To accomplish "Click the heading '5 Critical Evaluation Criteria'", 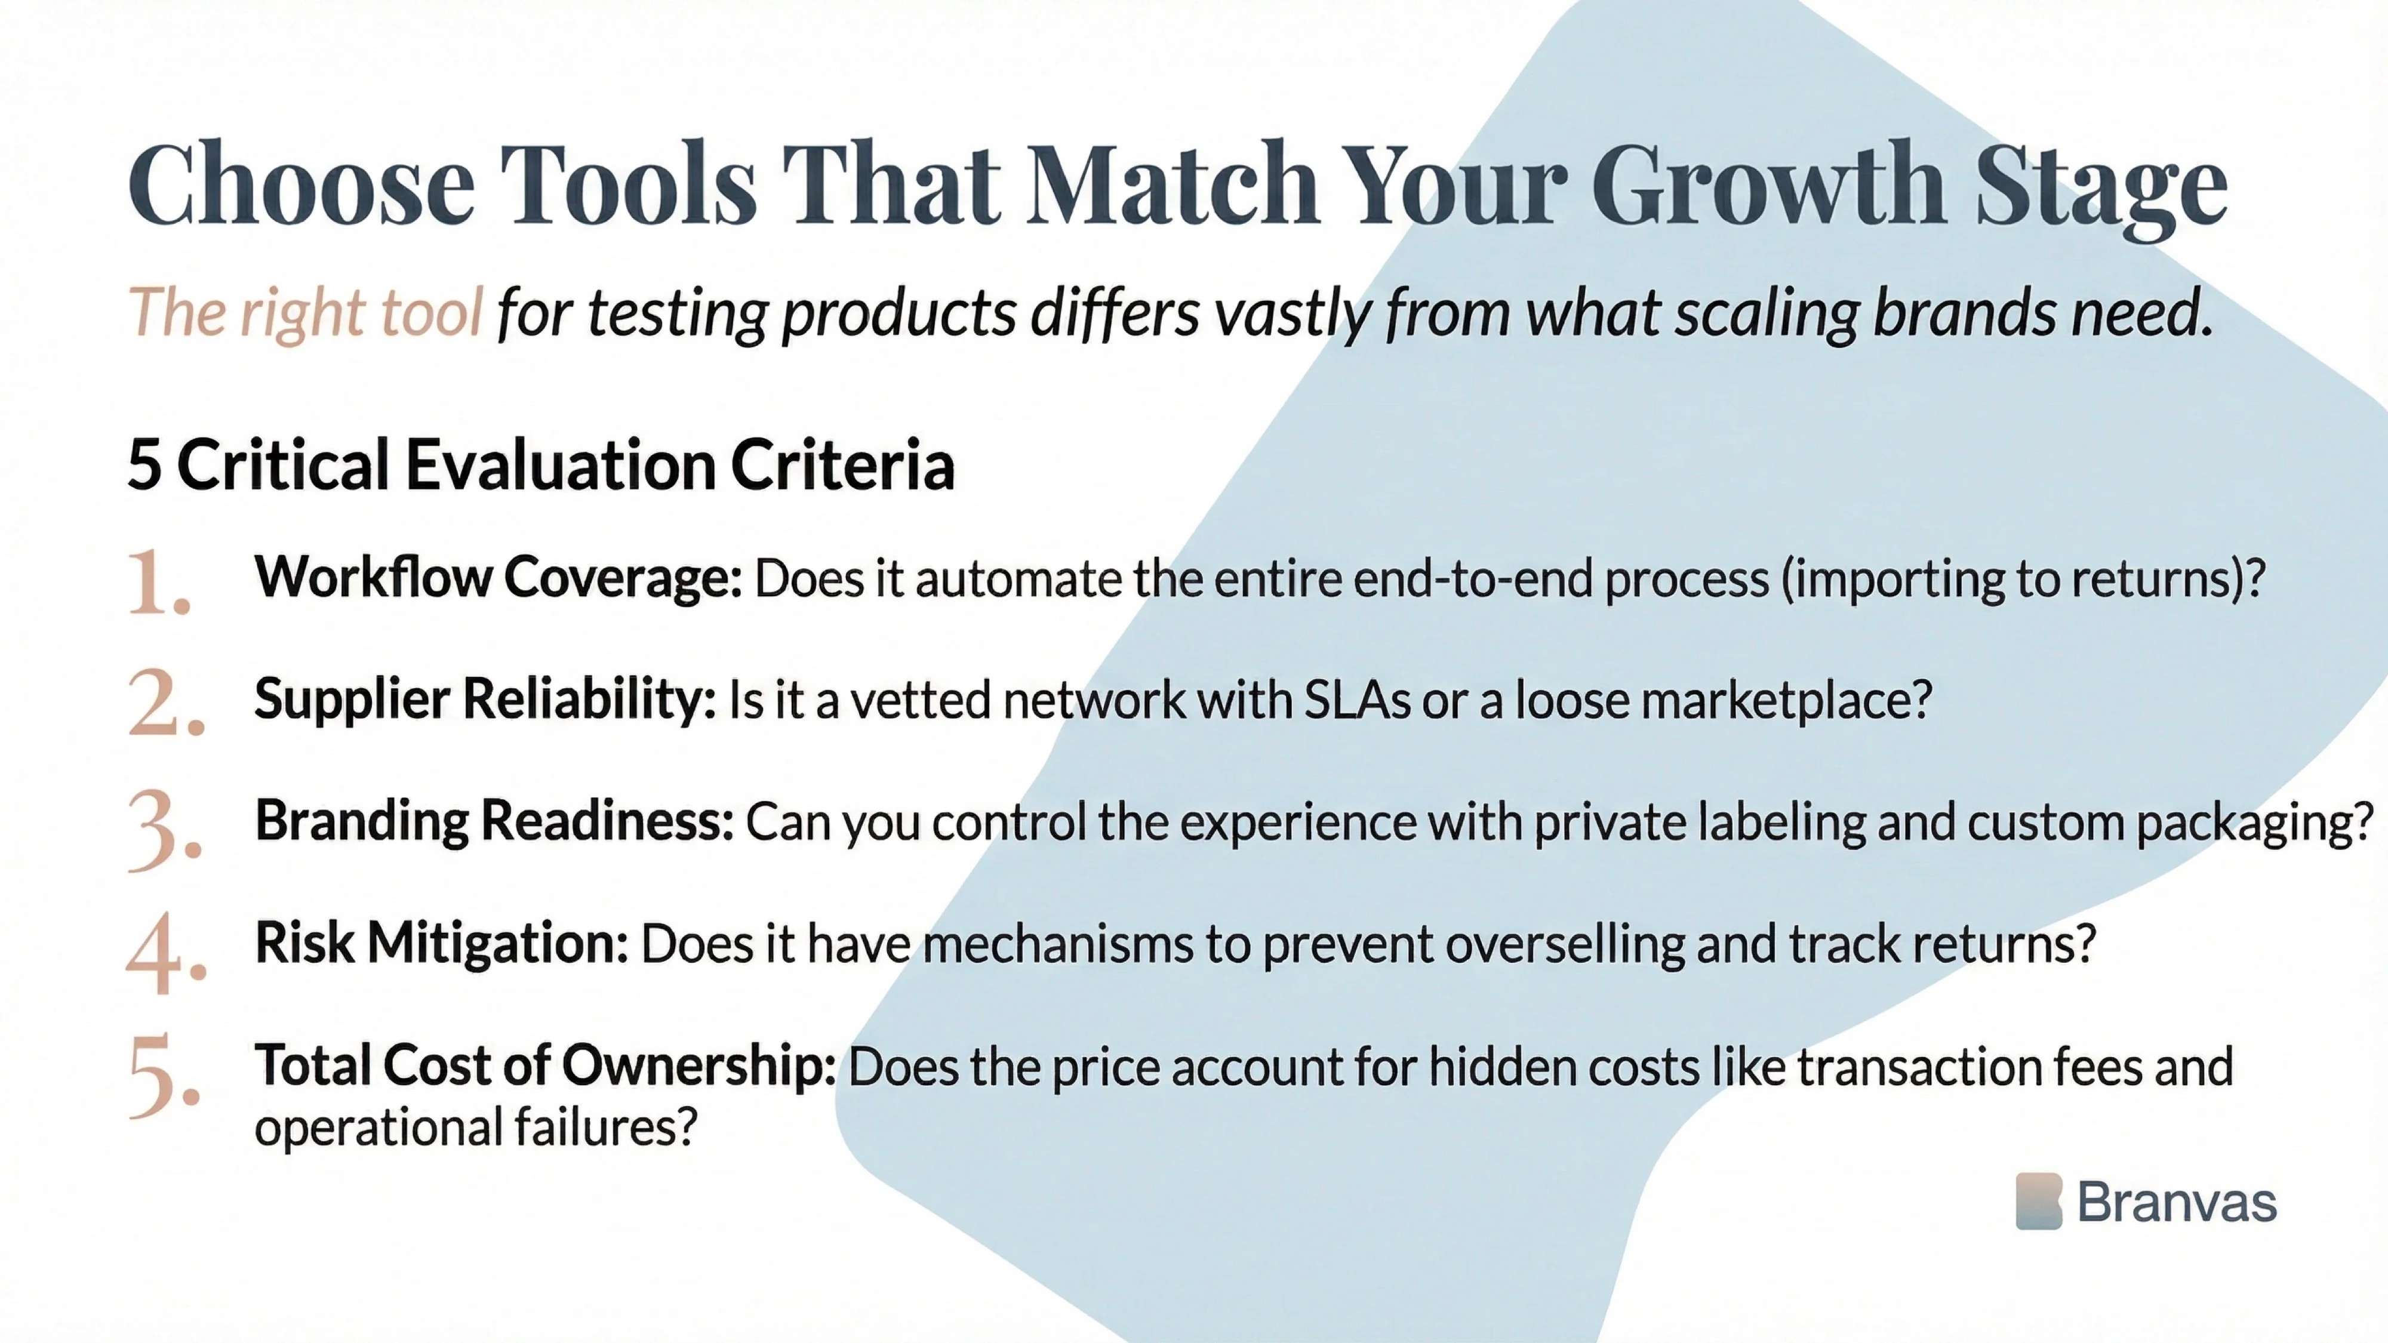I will [x=540, y=464].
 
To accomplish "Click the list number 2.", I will [x=164, y=704].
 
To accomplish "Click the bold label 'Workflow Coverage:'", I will [x=498, y=577].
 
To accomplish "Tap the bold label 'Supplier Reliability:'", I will [x=485, y=699].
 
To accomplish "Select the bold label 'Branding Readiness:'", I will [x=494, y=821].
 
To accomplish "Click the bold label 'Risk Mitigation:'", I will [x=441, y=944].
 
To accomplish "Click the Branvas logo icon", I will [x=2039, y=1201].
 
